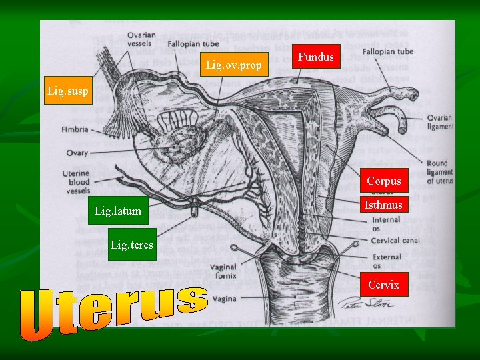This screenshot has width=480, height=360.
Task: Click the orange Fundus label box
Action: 316,57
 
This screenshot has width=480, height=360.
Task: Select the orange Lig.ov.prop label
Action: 234,65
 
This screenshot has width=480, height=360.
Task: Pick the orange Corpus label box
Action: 383,181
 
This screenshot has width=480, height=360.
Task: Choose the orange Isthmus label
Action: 383,205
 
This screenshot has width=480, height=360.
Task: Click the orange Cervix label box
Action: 383,285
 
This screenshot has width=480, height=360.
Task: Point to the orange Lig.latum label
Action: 118,211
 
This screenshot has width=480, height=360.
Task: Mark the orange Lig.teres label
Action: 131,245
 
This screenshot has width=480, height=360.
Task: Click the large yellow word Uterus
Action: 113,311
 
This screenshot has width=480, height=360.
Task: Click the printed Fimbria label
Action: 74,129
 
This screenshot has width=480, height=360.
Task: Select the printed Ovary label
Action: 77,153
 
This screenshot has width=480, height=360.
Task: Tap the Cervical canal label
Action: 395,240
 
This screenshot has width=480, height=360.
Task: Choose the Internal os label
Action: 386,223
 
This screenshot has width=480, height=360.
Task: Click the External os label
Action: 387,261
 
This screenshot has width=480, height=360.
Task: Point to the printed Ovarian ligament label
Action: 440,122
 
